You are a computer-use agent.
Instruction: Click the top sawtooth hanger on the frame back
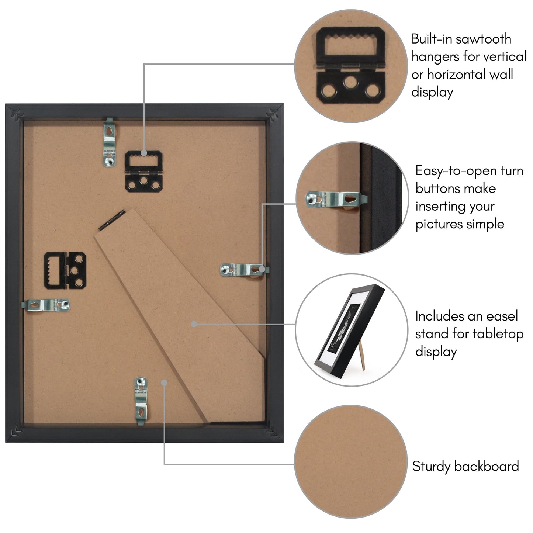click(x=144, y=172)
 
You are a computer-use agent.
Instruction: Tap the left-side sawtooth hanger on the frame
click(x=65, y=270)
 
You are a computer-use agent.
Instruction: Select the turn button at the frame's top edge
click(x=109, y=142)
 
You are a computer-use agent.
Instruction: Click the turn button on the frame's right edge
click(x=244, y=270)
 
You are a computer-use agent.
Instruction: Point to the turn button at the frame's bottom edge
click(x=141, y=401)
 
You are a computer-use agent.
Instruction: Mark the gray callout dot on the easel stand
click(x=194, y=324)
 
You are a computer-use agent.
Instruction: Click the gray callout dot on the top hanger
click(x=144, y=153)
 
